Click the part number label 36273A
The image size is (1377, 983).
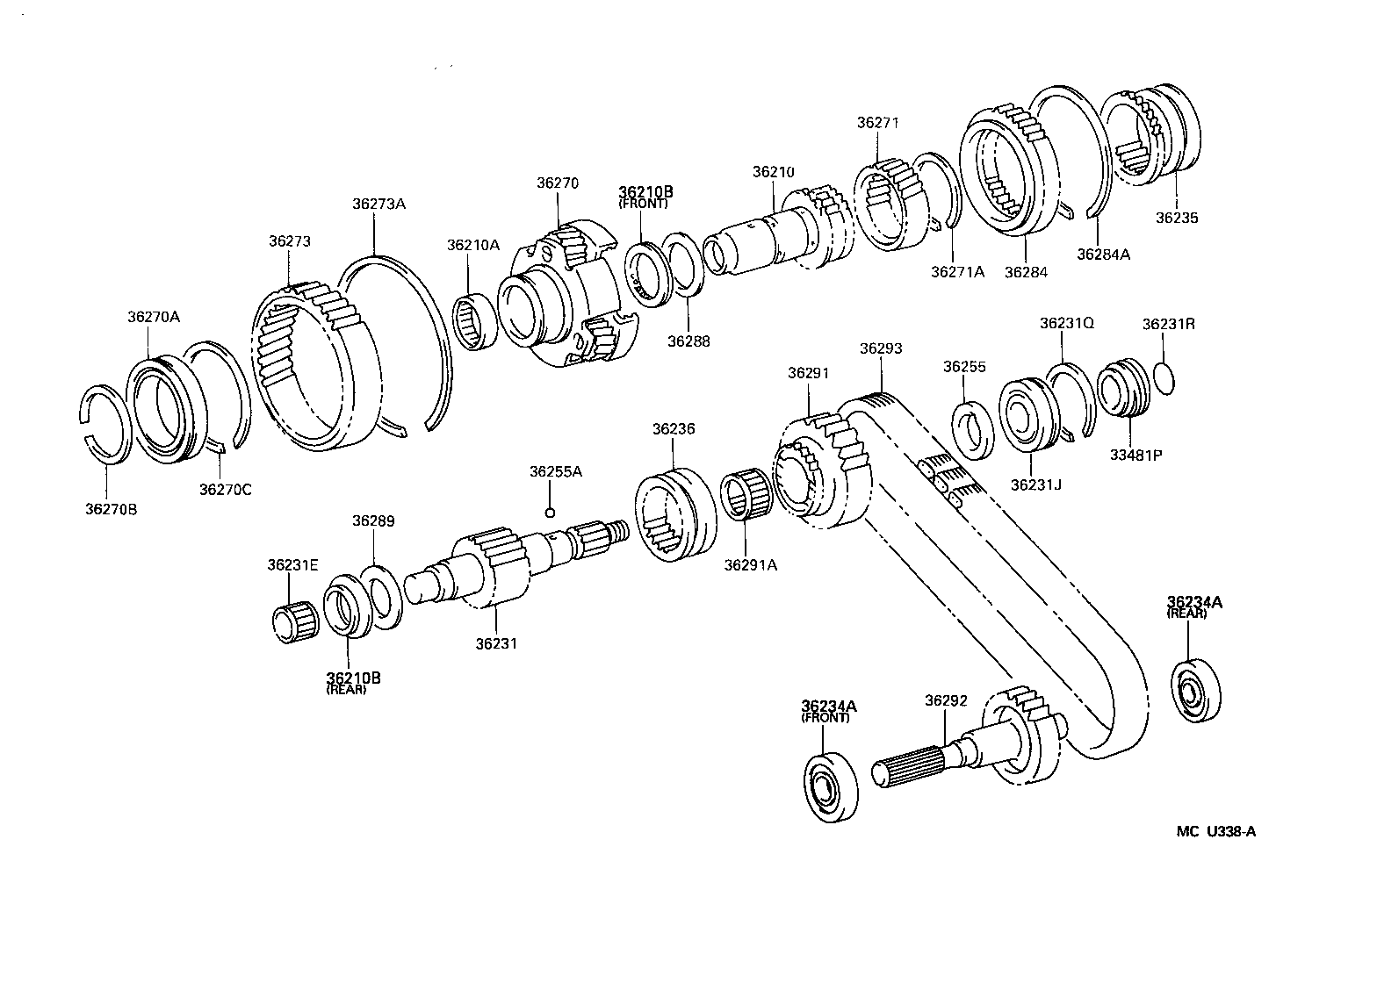pos(378,203)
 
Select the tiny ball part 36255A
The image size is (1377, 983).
pos(549,513)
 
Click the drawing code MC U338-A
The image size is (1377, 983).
pos(1215,832)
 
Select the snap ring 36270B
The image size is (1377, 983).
pos(106,422)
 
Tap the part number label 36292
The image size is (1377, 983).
pos(946,676)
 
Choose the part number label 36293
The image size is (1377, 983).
pos(881,348)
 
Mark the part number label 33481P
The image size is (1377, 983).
pos(1141,455)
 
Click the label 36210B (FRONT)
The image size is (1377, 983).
pos(645,196)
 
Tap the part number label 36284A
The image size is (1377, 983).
pos(1103,255)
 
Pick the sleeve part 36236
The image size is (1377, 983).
pos(674,518)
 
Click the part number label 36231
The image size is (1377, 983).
pos(496,643)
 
